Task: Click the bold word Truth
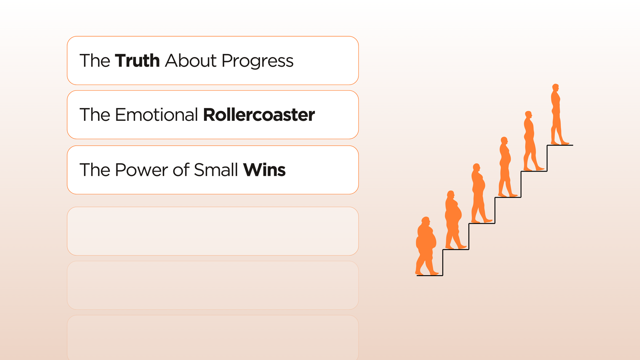tap(137, 60)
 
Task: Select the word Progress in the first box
tap(258, 62)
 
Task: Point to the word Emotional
tap(156, 114)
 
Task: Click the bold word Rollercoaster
tap(259, 114)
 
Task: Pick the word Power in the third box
tap(141, 170)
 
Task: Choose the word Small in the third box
tap(216, 170)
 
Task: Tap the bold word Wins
tap(264, 170)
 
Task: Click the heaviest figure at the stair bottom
tap(426, 246)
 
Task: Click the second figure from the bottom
tap(454, 220)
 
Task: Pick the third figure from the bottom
tap(480, 193)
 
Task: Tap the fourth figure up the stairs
tap(506, 167)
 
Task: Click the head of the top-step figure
tap(556, 87)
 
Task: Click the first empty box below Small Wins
tap(213, 231)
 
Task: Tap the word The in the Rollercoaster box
tap(94, 114)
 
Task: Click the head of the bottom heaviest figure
tap(426, 221)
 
